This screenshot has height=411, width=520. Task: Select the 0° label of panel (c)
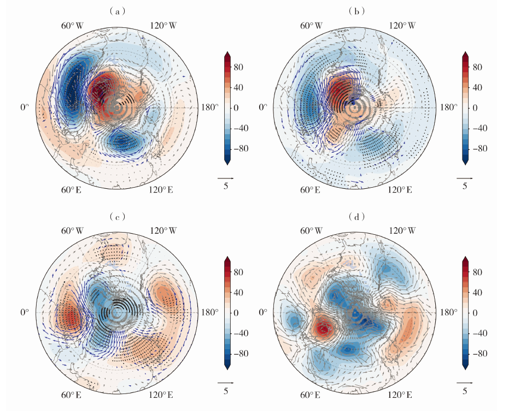coord(25,312)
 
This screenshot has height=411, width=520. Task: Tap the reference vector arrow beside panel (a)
coord(225,178)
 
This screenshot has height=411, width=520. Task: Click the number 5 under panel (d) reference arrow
coord(465,392)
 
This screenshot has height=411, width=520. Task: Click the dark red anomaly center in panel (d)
coord(324,329)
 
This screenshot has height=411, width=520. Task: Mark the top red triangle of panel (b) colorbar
coord(465,55)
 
